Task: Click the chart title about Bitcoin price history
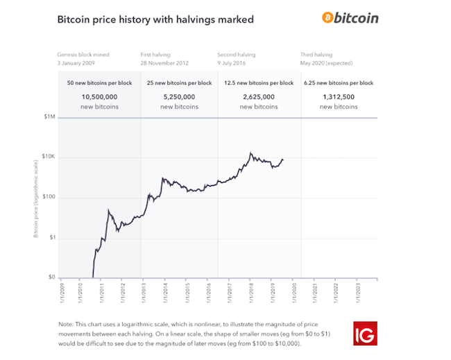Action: tap(155, 19)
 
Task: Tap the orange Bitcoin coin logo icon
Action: tap(328, 17)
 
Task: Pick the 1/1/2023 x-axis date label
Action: tap(358, 294)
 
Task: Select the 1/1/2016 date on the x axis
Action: tap(208, 294)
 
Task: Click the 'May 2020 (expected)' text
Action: tap(330, 62)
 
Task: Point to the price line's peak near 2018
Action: tap(250, 153)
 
